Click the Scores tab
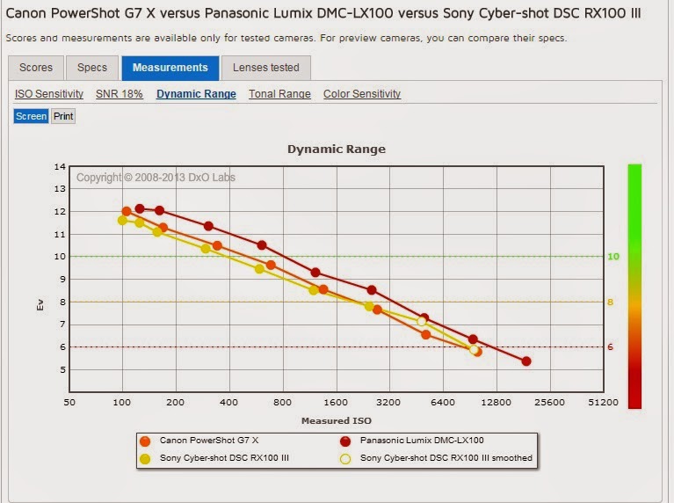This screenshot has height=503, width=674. pyautogui.click(x=36, y=68)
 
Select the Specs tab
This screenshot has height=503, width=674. pyautogui.click(x=92, y=68)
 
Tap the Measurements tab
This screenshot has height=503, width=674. pyautogui.click(x=171, y=68)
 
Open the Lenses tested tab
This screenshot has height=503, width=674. pyautogui.click(x=266, y=68)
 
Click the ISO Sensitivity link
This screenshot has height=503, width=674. pyautogui.click(x=49, y=94)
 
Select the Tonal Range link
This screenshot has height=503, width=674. pyautogui.click(x=279, y=94)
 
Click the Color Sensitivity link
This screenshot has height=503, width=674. pyautogui.click(x=362, y=94)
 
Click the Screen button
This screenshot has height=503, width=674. pyautogui.click(x=31, y=116)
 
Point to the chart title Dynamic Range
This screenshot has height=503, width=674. pyautogui.click(x=337, y=149)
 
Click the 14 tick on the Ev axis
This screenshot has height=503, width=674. pyautogui.click(x=60, y=166)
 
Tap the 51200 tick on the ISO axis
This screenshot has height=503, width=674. pyautogui.click(x=603, y=403)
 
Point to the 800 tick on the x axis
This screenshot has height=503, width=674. pyautogui.click(x=283, y=403)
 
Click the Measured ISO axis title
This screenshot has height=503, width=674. pyautogui.click(x=337, y=421)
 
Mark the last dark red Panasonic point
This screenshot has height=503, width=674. pyautogui.click(x=526, y=361)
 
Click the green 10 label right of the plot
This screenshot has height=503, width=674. pyautogui.click(x=612, y=257)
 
